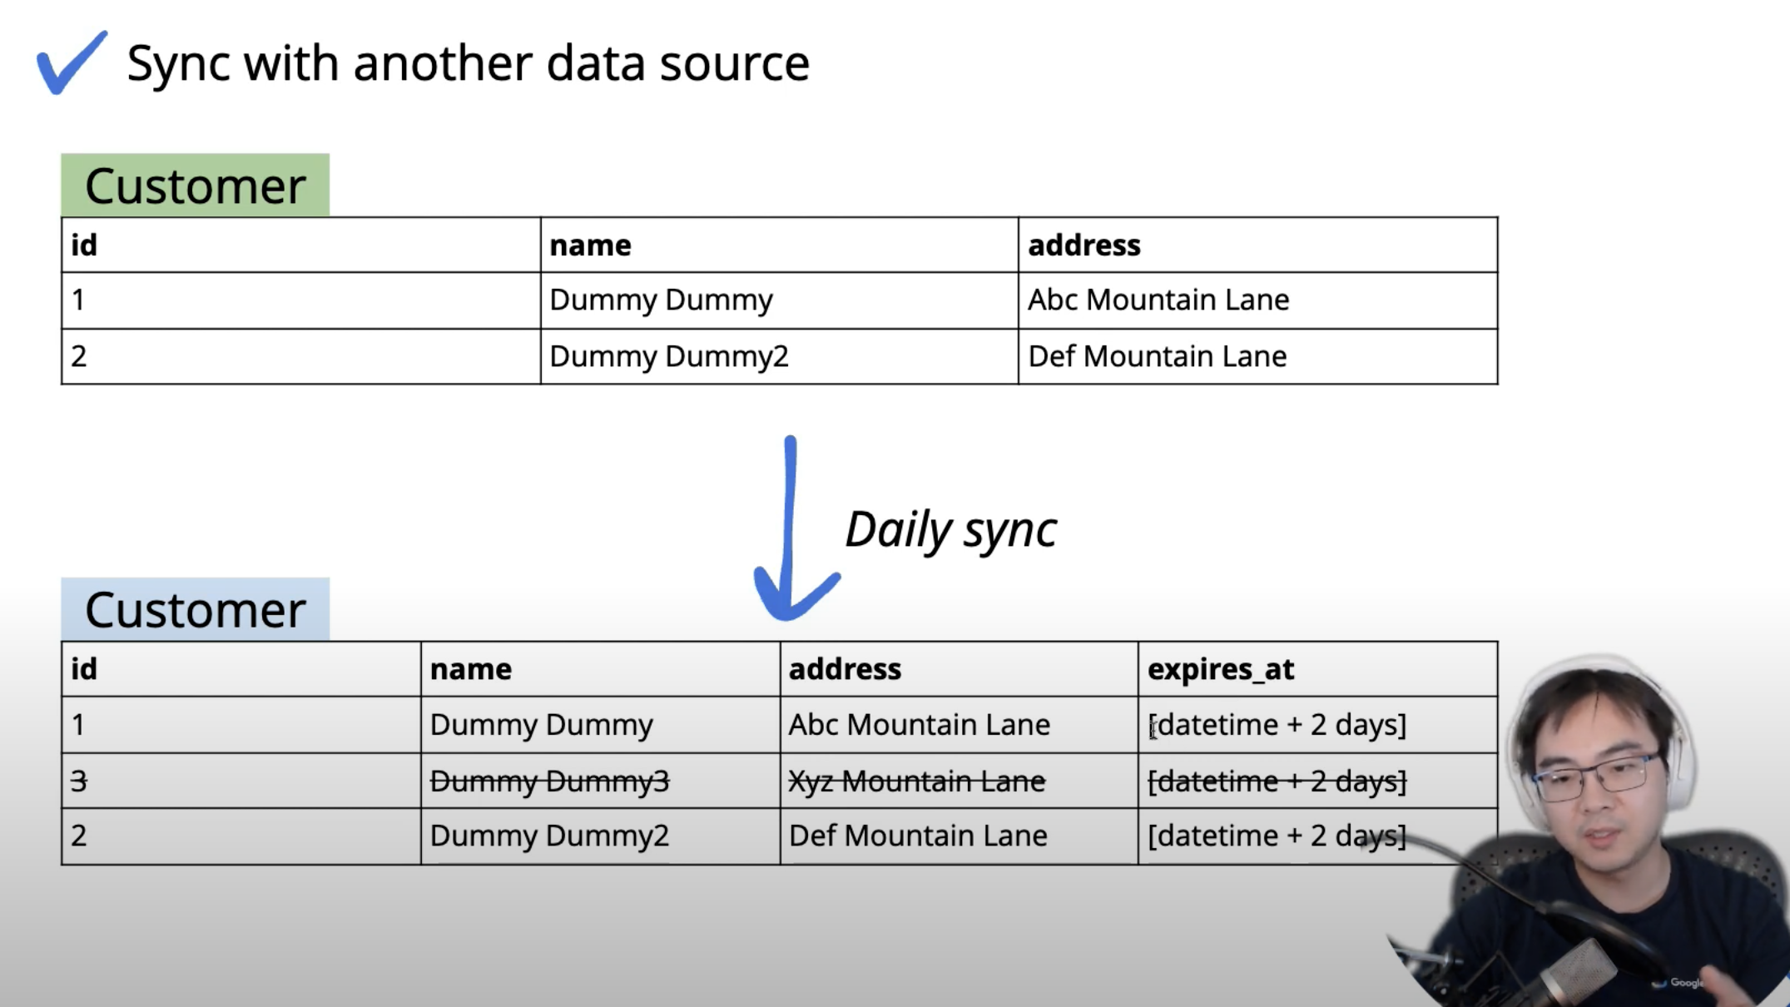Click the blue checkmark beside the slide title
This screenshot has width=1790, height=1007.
click(71, 63)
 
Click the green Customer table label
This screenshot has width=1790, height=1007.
click(195, 186)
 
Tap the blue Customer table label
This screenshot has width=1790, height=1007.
click(195, 610)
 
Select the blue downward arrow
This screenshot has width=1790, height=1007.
click(791, 533)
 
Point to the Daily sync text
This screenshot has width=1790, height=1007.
click(950, 529)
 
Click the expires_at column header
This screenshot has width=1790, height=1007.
click(1220, 669)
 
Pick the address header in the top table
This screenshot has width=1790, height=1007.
click(1083, 246)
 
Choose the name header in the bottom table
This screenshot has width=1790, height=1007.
click(470, 669)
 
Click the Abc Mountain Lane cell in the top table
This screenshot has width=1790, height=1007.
click(1158, 300)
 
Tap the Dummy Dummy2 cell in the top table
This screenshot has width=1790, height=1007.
click(668, 356)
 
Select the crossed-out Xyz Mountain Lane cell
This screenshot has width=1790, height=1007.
click(916, 781)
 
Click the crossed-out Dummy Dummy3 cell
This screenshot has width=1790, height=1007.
click(549, 781)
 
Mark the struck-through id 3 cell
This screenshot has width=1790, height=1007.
click(79, 781)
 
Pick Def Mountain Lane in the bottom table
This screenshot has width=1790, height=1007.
click(917, 836)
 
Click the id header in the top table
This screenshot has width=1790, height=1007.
click(84, 246)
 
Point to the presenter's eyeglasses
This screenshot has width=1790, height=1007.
click(1594, 774)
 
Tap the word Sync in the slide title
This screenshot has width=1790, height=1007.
click(178, 63)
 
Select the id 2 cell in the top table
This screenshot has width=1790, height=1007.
click(79, 356)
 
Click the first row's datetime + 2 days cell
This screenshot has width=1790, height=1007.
click(1277, 725)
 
